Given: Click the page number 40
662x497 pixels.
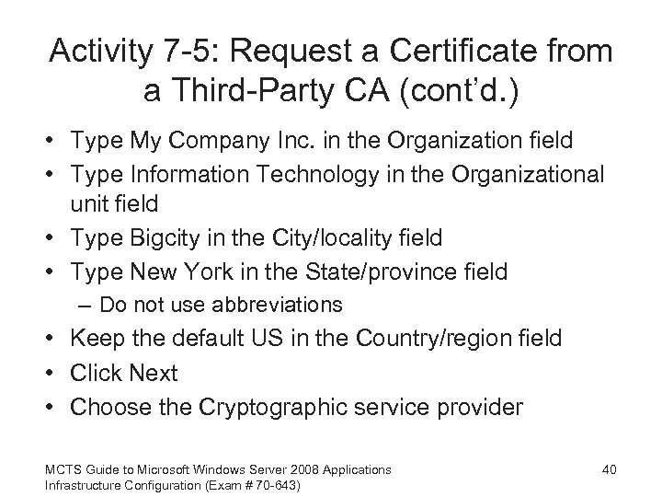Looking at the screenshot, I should click(608, 469).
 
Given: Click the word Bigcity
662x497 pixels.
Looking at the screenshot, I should click(176, 237).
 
